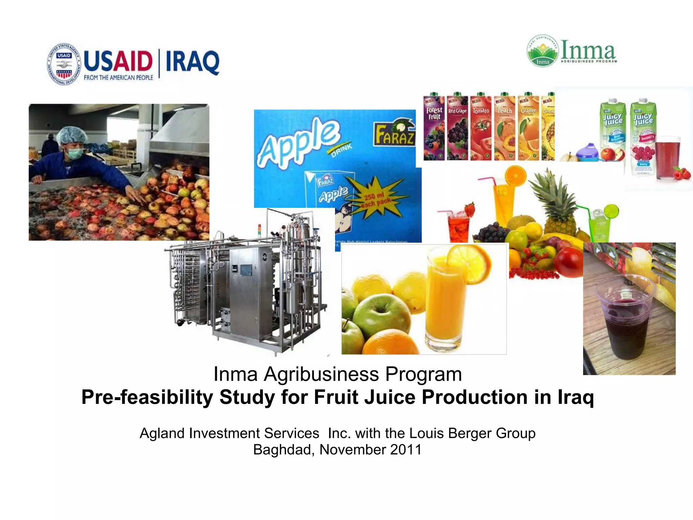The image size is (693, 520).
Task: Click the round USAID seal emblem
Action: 64,64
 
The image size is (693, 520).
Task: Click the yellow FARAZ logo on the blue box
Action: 394,134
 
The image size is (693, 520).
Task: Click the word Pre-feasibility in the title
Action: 147,397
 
